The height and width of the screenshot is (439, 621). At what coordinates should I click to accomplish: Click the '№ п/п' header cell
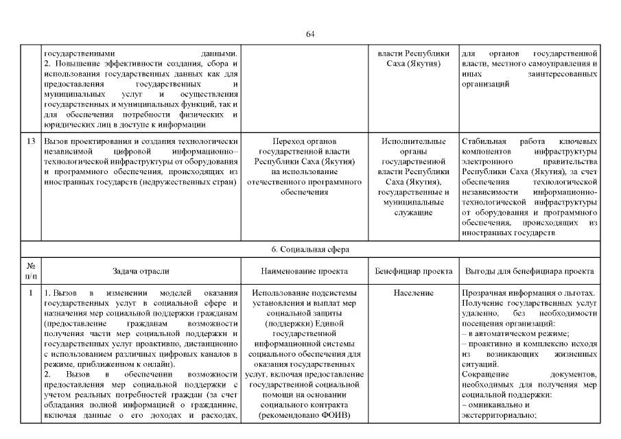(30, 272)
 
